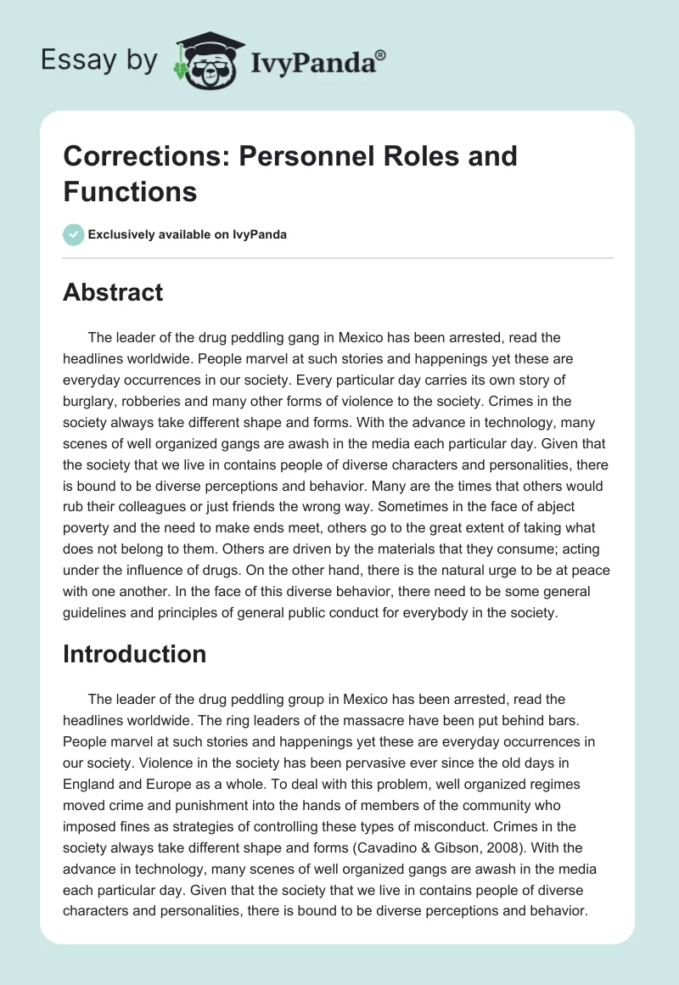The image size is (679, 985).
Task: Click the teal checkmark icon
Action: (x=74, y=234)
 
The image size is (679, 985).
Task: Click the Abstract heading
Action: (x=113, y=292)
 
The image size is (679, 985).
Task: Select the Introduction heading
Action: (x=135, y=654)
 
